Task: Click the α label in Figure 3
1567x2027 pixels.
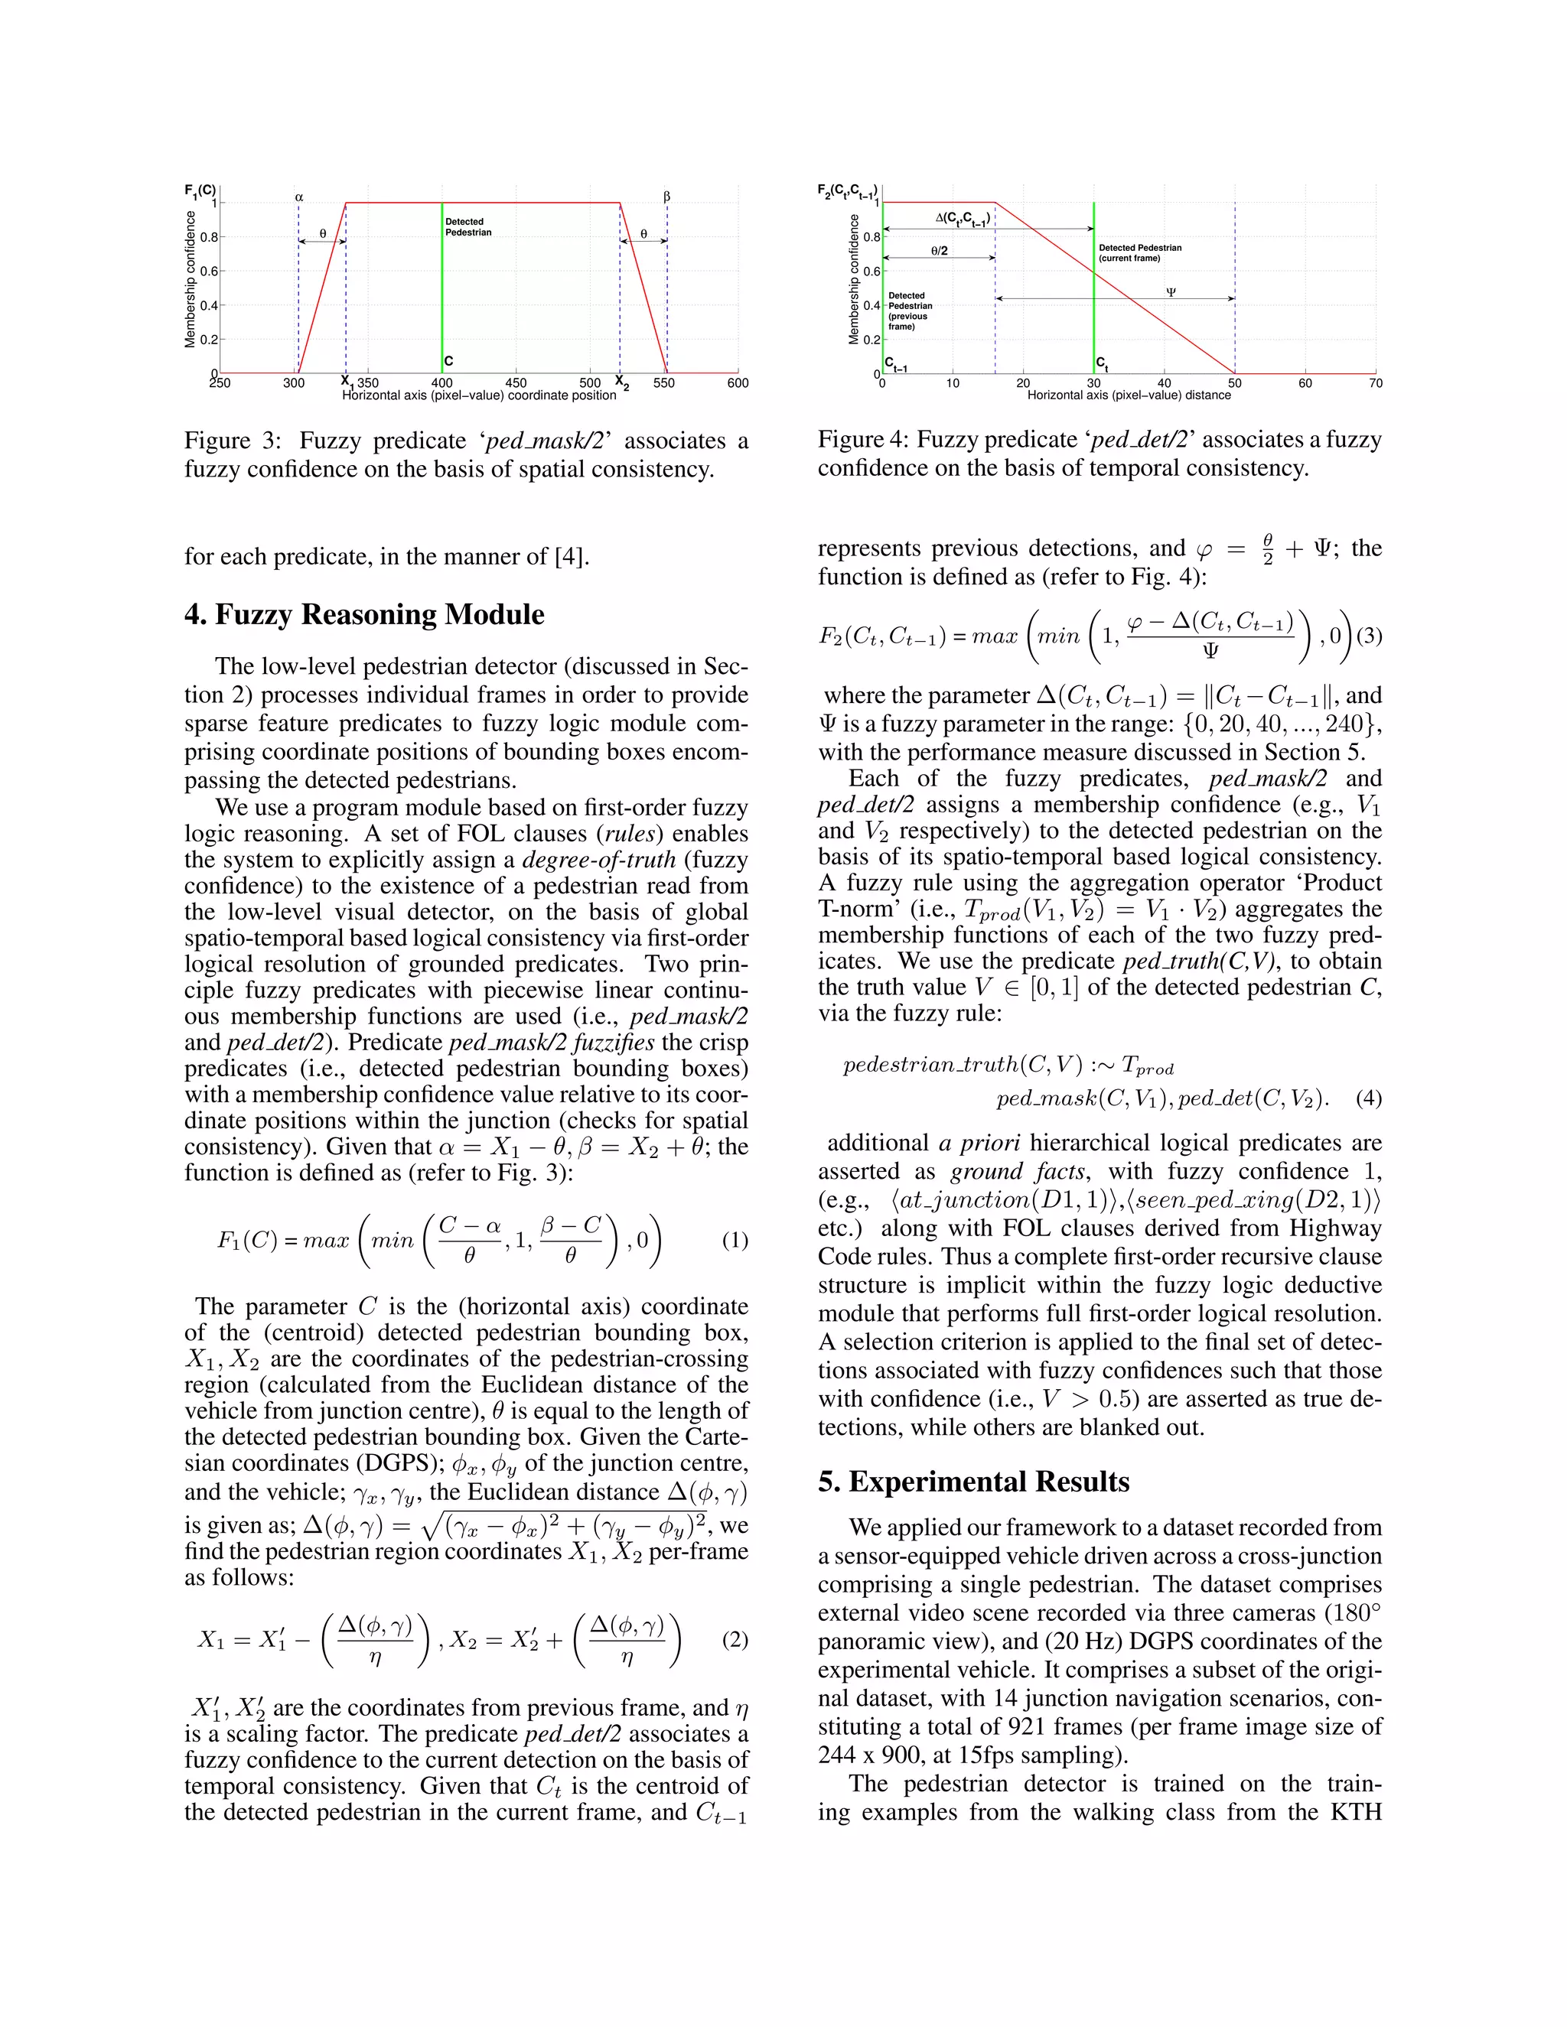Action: [x=299, y=197]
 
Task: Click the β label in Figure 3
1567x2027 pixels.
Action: [x=666, y=197]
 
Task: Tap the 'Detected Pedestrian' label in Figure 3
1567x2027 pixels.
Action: [x=467, y=226]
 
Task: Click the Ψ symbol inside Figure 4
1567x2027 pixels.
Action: [x=1171, y=291]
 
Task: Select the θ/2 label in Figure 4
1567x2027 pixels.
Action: [x=939, y=251]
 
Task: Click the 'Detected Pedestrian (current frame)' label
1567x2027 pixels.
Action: [x=1140, y=252]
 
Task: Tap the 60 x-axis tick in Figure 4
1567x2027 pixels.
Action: [x=1305, y=383]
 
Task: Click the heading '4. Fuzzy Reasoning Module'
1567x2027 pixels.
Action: [x=364, y=614]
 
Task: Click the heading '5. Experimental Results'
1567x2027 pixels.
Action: [x=973, y=1482]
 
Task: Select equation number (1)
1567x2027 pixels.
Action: [x=735, y=1240]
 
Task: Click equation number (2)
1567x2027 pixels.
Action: [x=735, y=1640]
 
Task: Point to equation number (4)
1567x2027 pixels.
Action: [x=1368, y=1099]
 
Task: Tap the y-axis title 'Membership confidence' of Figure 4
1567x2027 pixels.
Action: [x=854, y=279]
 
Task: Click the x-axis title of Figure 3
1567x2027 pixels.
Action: [x=479, y=395]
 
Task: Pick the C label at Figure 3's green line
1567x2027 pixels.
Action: [x=448, y=361]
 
